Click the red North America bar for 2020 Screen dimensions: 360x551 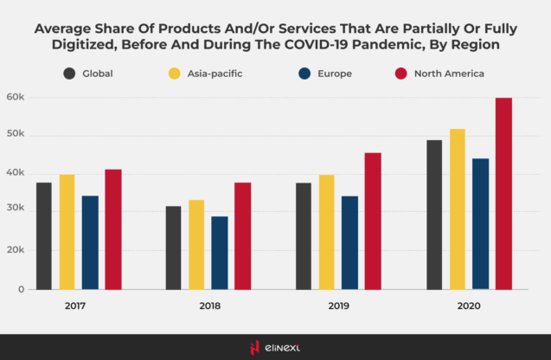click(x=503, y=194)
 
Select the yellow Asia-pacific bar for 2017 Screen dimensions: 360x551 click(x=67, y=232)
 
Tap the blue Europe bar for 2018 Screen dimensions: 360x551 click(x=220, y=253)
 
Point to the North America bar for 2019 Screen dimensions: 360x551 click(x=372, y=222)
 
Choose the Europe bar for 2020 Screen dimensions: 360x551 click(x=480, y=224)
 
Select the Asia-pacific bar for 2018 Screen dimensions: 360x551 click(x=196, y=245)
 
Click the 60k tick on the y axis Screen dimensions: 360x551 click(x=15, y=97)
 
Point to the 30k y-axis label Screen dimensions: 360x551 click(x=15, y=212)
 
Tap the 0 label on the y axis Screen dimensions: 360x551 click(x=20, y=290)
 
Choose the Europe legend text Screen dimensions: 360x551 click(x=334, y=74)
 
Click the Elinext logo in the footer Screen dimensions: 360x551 click(x=275, y=347)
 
